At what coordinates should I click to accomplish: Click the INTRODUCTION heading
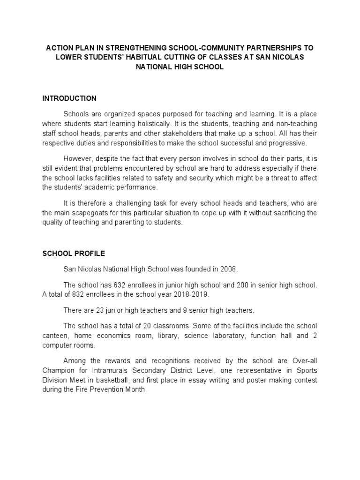(x=69, y=98)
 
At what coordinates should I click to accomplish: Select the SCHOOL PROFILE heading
(x=74, y=254)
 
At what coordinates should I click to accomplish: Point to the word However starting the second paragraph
(x=78, y=159)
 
